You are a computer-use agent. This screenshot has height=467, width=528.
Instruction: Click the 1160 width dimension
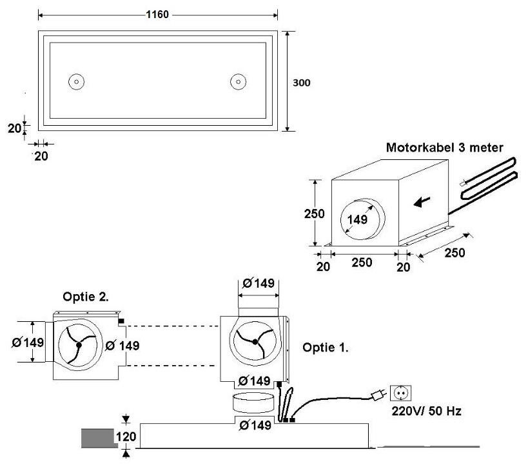[x=157, y=14]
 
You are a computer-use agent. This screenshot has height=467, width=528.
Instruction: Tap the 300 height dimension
[x=301, y=83]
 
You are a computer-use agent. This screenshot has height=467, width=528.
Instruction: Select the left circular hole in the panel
[x=77, y=81]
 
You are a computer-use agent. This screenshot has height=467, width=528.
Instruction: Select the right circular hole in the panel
[x=239, y=81]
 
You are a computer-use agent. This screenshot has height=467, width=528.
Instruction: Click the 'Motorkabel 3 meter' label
[x=444, y=147]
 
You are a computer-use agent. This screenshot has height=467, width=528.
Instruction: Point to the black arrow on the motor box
[x=422, y=202]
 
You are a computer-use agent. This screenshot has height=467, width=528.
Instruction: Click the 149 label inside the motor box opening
[x=357, y=220]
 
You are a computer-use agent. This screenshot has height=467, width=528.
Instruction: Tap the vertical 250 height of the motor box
[x=314, y=214]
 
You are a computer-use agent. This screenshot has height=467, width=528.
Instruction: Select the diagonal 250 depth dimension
[x=455, y=252]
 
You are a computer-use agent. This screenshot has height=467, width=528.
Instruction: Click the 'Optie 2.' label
[x=86, y=297]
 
